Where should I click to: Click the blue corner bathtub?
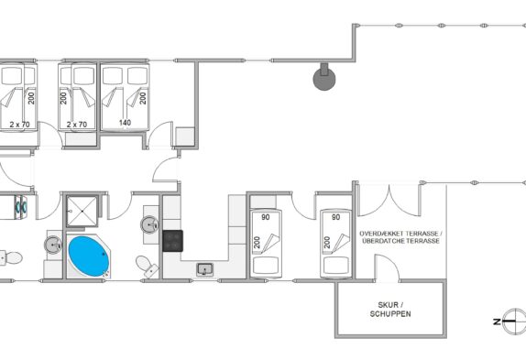(x=89, y=256)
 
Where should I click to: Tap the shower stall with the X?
(x=82, y=212)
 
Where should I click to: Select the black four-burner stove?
(x=173, y=241)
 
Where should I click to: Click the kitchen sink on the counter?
(x=205, y=269)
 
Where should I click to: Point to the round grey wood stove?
(x=324, y=78)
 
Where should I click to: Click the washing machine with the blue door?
(x=21, y=208)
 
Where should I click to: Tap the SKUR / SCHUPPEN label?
(x=390, y=310)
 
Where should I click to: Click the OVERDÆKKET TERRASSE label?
(x=400, y=234)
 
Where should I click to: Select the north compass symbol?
(x=513, y=322)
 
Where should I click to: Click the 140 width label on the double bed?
(x=125, y=123)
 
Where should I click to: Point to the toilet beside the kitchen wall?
(x=148, y=267)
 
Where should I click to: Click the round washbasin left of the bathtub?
(x=53, y=245)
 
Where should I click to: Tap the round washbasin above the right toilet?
(x=149, y=224)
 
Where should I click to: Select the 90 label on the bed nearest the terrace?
(x=335, y=217)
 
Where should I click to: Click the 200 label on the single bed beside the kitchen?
(x=257, y=243)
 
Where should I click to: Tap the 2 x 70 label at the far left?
(x=20, y=125)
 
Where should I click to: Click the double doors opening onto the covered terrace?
(x=389, y=202)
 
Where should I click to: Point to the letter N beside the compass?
(x=497, y=322)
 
